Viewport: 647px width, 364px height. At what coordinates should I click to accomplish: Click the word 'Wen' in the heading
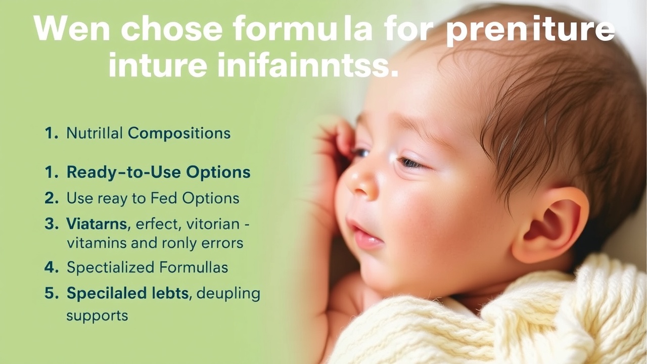click(x=72, y=28)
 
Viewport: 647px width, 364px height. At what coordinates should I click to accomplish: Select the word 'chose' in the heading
click(x=171, y=28)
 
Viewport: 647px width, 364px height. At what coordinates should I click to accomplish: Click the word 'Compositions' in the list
click(x=179, y=133)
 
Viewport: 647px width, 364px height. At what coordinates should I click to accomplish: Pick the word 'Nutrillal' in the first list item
click(x=95, y=133)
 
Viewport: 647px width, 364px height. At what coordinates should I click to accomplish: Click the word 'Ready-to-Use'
click(x=124, y=172)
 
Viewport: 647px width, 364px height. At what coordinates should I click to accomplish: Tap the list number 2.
click(x=52, y=198)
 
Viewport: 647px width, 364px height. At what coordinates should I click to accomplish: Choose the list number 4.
click(x=52, y=267)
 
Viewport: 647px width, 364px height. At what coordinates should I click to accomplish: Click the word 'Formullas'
click(x=194, y=267)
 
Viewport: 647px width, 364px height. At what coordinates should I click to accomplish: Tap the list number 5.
click(x=52, y=293)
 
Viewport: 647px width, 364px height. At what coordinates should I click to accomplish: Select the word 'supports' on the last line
click(x=97, y=316)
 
